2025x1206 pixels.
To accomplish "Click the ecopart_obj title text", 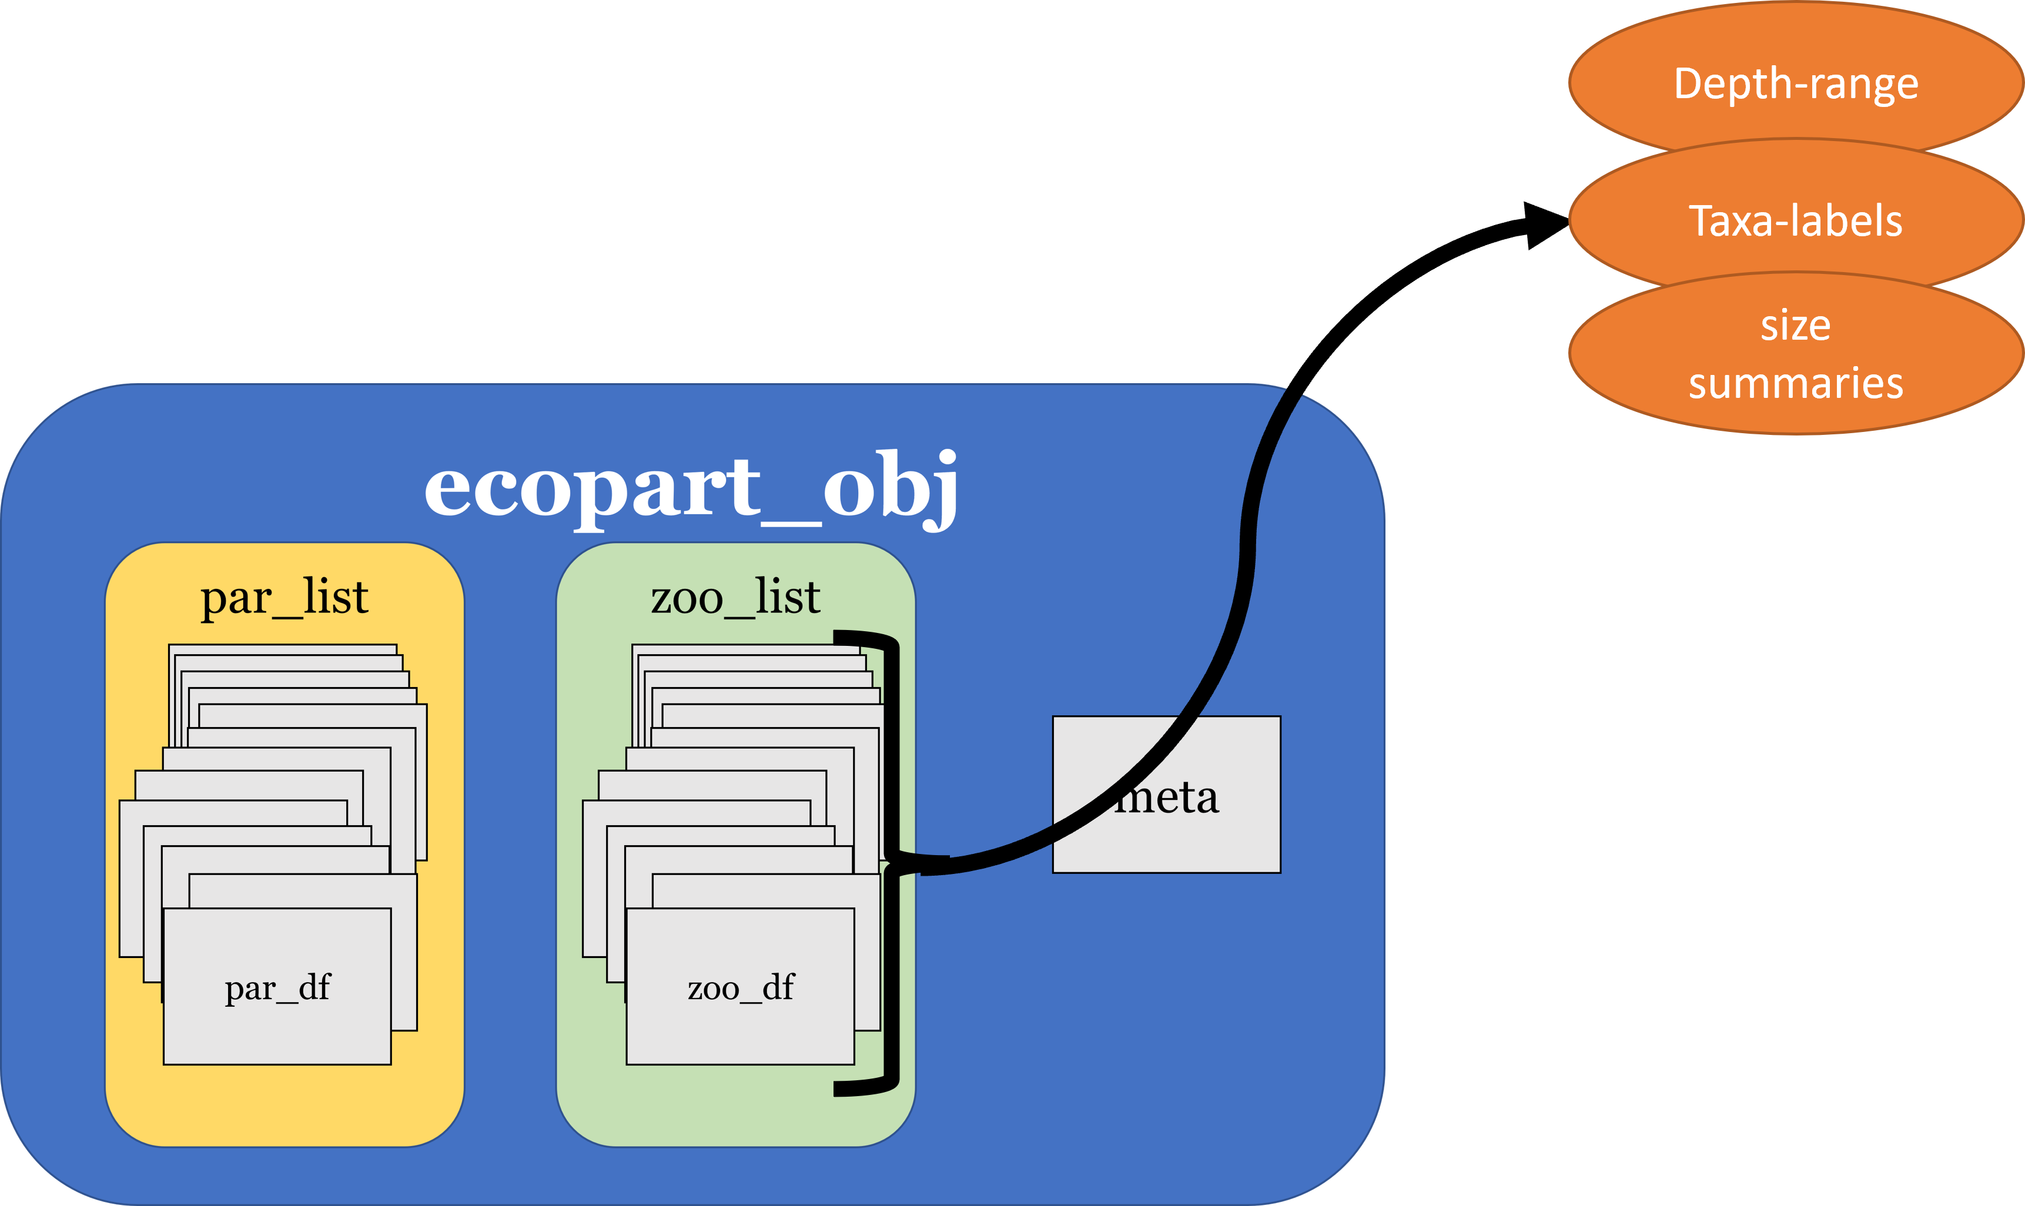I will [691, 488].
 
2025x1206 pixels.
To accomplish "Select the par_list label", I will [284, 597].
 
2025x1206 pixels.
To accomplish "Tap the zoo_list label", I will [735, 597].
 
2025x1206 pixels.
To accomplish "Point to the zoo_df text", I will [740, 988].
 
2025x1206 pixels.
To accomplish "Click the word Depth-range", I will [1796, 83].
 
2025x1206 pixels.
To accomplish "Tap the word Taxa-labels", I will [1796, 221].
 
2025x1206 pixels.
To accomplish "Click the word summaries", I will [1796, 383].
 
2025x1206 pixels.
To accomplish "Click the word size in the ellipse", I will [1796, 325].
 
